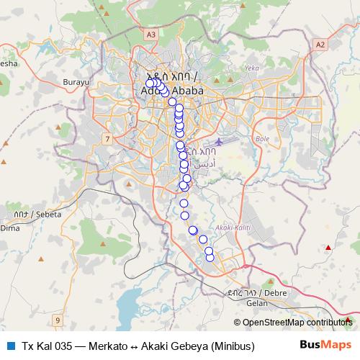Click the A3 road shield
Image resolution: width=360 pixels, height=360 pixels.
point(150,34)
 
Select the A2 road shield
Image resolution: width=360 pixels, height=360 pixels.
point(320,45)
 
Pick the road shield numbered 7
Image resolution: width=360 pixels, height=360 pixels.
point(107,138)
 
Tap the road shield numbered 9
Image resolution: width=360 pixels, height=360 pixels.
point(58,319)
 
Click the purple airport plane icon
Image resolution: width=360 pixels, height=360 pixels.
point(219,138)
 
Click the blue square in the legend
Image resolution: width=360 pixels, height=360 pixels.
point(9,346)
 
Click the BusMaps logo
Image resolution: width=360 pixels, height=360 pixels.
point(325,346)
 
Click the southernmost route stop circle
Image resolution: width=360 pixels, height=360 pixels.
point(210,258)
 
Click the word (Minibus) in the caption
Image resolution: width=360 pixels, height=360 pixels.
point(233,346)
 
